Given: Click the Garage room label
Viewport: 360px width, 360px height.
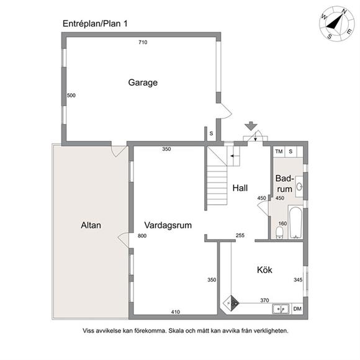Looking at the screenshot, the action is click(143, 83).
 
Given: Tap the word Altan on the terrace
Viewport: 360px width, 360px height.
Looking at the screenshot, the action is click(91, 225).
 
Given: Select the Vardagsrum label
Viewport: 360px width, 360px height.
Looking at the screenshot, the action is click(168, 225).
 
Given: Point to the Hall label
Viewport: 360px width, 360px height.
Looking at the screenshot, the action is click(240, 188).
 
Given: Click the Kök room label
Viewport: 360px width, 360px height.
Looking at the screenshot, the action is click(264, 270).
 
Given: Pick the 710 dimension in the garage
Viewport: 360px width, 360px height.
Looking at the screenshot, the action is click(143, 42).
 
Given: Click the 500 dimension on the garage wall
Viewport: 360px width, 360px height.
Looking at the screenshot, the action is click(71, 96).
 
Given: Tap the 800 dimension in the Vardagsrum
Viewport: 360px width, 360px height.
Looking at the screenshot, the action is click(142, 236).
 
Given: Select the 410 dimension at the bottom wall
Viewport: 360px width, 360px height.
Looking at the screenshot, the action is click(176, 312).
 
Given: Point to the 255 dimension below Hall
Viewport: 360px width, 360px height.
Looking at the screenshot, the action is click(240, 235).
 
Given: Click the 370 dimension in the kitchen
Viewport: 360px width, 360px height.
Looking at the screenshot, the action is click(264, 300).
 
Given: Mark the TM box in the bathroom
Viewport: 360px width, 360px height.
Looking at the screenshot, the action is click(279, 151).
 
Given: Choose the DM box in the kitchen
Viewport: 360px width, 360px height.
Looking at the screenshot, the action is click(297, 309).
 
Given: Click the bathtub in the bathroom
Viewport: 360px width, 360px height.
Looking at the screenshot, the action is click(295, 222).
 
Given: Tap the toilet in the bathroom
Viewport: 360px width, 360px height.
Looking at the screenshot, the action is click(279, 233).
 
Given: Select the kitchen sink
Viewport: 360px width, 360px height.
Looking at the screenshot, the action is click(281, 309).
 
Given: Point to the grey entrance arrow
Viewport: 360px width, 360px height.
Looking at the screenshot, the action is click(251, 126).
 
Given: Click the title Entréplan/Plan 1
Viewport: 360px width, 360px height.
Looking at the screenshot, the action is click(95, 24).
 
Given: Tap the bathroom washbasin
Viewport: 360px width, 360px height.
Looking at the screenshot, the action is click(299, 186).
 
